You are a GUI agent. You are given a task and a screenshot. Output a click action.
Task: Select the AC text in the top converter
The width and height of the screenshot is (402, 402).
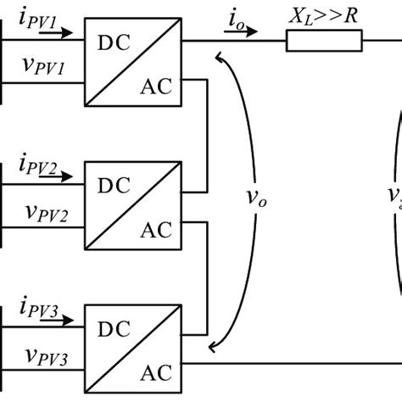(x=155, y=86)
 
